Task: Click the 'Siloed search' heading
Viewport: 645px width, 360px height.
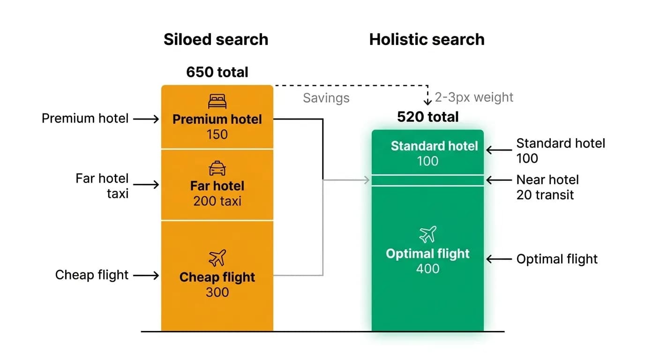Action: click(216, 39)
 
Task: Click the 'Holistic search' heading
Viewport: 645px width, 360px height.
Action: click(427, 39)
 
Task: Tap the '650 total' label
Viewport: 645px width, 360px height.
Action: click(217, 72)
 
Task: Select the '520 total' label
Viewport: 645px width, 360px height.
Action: click(428, 117)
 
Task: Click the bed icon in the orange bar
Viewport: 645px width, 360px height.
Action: click(217, 101)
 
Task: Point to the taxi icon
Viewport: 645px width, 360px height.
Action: click(217, 168)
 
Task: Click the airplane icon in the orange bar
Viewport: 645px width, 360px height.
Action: click(217, 258)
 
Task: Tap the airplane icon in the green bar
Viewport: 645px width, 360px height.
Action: click(427, 234)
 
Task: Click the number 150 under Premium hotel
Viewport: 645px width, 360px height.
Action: click(217, 135)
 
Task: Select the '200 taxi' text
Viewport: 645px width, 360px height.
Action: click(217, 201)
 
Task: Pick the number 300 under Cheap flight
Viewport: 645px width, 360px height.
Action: click(217, 292)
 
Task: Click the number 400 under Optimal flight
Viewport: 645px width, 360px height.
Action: click(427, 269)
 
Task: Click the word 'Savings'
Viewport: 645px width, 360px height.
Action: click(326, 98)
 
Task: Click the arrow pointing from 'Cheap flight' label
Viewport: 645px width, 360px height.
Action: click(146, 275)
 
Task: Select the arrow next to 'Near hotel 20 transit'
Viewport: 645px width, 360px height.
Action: click(499, 180)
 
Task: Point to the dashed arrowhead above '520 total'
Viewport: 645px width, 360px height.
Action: click(427, 102)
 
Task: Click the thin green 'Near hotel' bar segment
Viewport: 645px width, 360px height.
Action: click(427, 180)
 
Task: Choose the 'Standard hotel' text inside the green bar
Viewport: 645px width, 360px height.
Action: click(434, 146)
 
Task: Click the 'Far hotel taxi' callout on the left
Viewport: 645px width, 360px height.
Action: click(102, 186)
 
